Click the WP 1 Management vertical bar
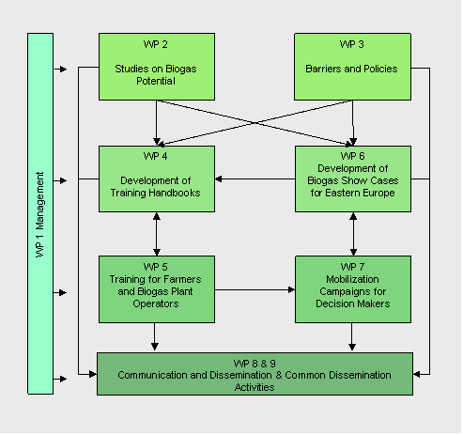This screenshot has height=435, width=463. point(40,213)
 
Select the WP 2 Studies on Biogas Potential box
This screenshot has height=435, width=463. point(157,67)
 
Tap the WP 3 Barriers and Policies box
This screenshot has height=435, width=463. point(352,67)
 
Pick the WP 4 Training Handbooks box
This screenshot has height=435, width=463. point(157,179)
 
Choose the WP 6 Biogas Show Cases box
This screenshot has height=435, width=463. point(353,179)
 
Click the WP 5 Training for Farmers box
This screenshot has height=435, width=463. point(157,289)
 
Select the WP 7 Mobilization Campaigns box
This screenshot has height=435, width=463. point(353,289)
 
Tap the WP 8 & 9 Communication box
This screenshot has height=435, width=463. point(255,374)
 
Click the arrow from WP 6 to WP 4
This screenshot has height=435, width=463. point(255,179)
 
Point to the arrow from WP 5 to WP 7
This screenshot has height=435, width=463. point(255,289)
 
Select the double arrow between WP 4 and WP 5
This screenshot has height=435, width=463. point(157,234)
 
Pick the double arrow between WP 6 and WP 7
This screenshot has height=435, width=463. point(353,234)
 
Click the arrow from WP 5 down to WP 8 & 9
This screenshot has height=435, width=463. point(155,336)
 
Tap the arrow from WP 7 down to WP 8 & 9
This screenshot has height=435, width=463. point(352,336)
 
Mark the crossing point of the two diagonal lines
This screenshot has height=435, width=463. point(255,123)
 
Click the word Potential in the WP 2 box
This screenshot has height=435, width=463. point(156,81)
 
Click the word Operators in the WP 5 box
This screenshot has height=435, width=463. point(156,303)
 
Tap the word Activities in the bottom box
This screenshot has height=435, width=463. point(255,387)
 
